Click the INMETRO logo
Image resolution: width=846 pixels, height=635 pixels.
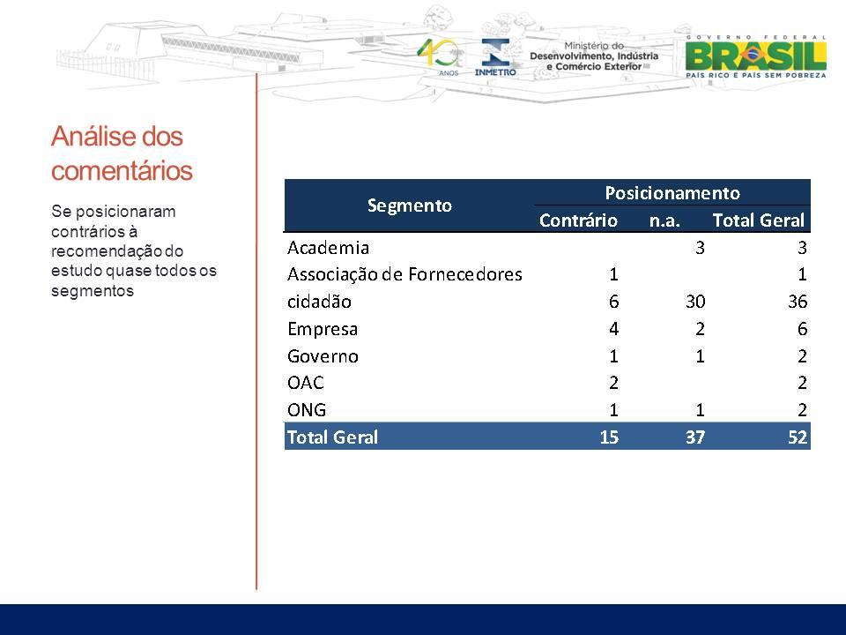coord(494,57)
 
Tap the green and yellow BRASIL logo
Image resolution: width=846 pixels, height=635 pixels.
coord(755,56)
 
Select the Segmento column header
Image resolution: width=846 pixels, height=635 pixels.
coord(410,205)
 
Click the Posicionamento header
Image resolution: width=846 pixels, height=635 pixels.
coord(672,193)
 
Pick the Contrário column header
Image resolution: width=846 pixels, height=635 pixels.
coord(578,220)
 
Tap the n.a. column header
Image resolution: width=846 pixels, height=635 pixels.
coord(664,220)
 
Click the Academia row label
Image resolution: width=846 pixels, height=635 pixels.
coord(328,248)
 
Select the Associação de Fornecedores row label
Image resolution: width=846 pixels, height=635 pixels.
coord(404,274)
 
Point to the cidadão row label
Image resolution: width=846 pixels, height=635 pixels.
coord(319,302)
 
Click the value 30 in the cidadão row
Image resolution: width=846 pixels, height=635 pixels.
coord(695,302)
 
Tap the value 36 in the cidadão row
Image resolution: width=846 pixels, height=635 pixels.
coord(798,302)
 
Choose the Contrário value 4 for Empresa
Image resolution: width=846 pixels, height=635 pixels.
coord(613,329)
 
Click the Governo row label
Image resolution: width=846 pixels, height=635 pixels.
coord(323,356)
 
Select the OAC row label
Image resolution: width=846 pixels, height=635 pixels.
coord(306,383)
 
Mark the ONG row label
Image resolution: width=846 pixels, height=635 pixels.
coord(307,410)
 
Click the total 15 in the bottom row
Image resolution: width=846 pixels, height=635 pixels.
coord(609,437)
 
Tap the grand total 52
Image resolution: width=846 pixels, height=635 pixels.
coord(798,437)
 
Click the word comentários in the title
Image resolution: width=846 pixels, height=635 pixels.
coord(122,170)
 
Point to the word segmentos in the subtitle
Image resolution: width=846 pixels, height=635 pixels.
coord(93,290)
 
